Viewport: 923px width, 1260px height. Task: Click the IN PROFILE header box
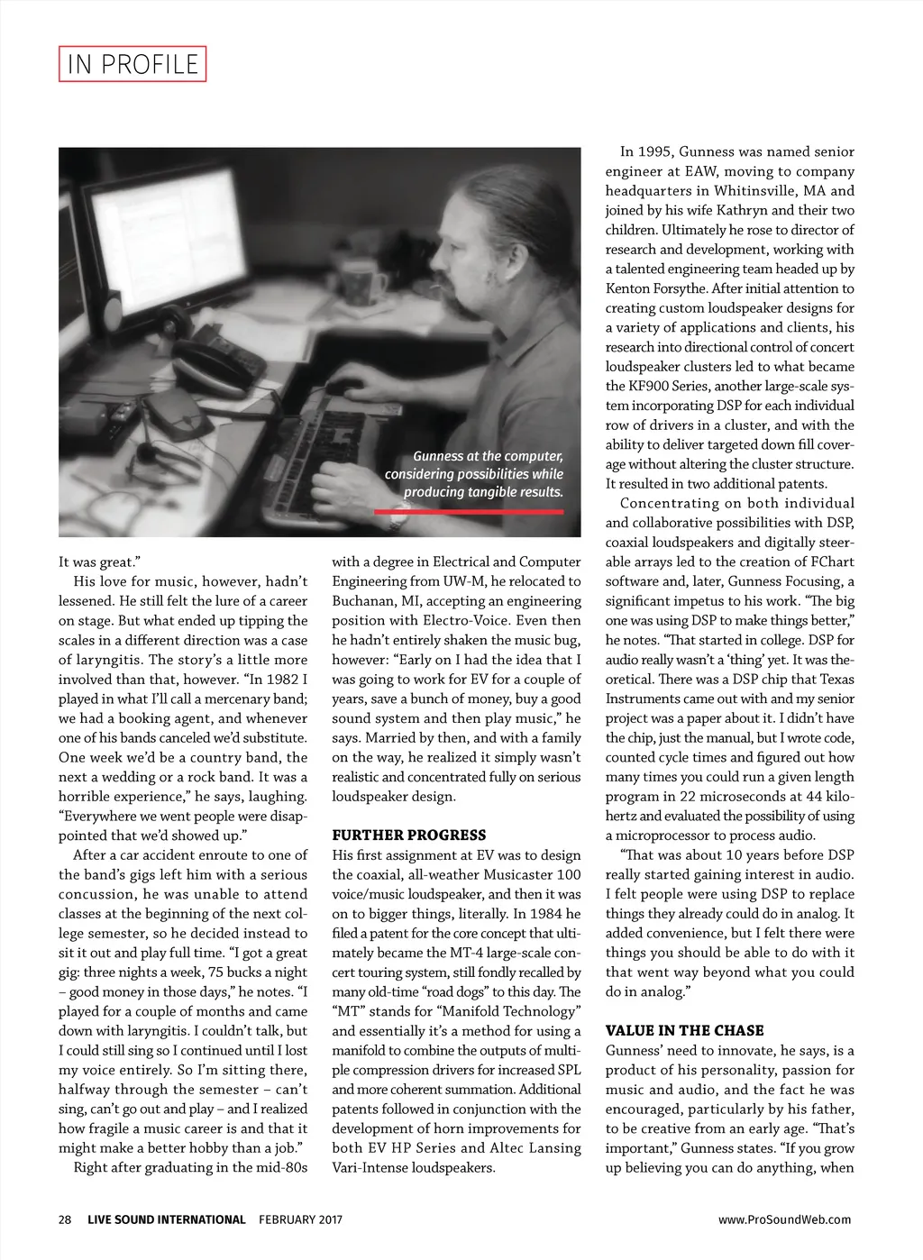click(x=133, y=64)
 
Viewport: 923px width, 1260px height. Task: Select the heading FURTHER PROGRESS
click(x=408, y=835)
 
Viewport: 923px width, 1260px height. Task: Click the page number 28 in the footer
click(x=65, y=1219)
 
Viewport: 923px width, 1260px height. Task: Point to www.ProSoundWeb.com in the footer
click(x=784, y=1219)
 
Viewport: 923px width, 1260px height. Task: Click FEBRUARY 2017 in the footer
click(x=300, y=1219)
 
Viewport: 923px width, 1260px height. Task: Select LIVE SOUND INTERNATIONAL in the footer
click(x=167, y=1219)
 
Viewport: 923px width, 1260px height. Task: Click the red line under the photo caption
click(x=469, y=511)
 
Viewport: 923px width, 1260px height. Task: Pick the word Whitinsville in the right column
click(x=755, y=190)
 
